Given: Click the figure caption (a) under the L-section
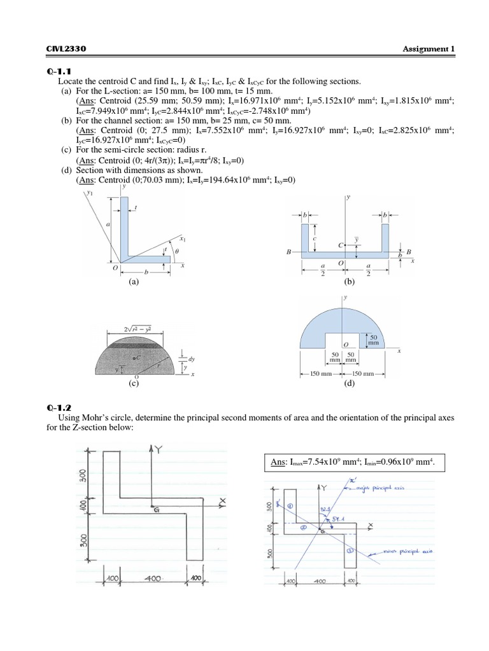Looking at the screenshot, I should [133, 280].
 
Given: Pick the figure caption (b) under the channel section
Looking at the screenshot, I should [348, 280].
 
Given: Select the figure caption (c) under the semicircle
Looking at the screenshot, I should [133, 383].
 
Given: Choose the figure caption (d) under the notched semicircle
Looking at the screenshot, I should [348, 383].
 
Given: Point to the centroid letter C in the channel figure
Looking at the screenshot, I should [341, 244].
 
